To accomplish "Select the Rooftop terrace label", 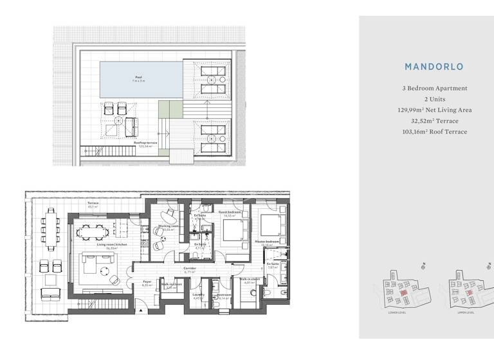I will [145, 143].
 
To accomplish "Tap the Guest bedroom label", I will [230, 213].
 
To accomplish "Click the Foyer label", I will [147, 282].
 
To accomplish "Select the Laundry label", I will [198, 296].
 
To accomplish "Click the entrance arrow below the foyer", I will [141, 310].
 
